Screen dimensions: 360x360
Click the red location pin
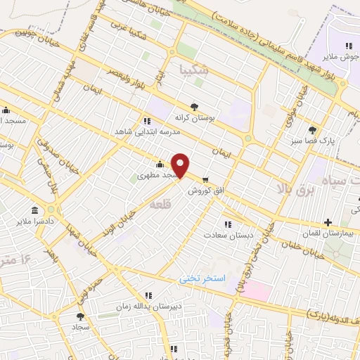181,165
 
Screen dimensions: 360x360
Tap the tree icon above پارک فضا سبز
313,129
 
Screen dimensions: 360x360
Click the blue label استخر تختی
202,278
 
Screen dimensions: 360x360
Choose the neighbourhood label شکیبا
195,69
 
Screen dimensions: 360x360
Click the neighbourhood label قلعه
158,202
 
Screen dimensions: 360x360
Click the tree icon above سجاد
79,317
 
